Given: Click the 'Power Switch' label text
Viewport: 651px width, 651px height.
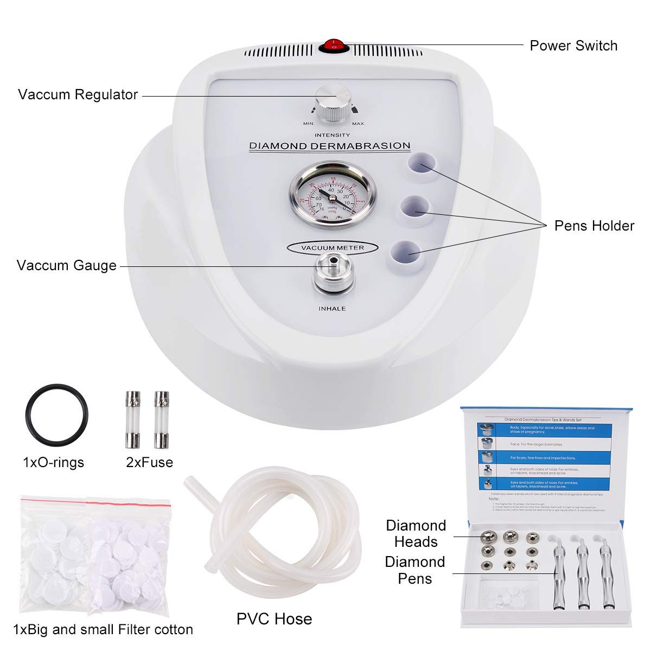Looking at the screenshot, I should [x=573, y=46].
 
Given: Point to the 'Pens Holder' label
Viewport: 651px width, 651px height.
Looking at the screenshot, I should [x=594, y=226].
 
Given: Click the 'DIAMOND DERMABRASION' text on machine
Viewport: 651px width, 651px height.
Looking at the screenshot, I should [x=329, y=146].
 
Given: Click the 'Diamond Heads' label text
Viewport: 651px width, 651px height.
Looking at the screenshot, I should [x=416, y=533].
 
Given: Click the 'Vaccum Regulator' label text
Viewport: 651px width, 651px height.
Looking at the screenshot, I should [x=78, y=94].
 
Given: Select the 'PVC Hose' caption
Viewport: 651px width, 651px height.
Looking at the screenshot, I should [x=274, y=618].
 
